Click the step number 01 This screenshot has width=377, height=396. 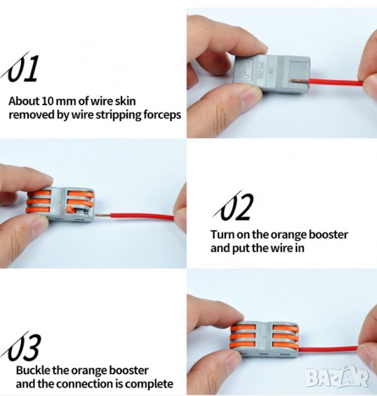point(22,68)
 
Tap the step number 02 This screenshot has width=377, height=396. point(234,206)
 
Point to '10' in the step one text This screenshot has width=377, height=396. point(48,101)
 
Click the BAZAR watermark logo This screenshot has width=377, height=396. point(337,377)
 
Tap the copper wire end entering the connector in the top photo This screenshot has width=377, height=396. point(300,81)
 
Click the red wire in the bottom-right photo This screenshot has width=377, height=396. point(329,351)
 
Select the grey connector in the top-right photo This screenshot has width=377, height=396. point(273,73)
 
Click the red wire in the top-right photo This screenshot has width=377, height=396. point(336,82)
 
